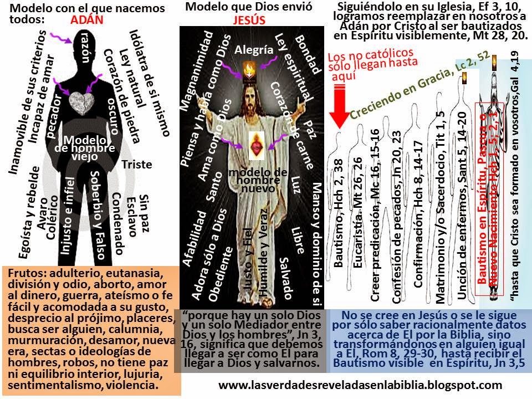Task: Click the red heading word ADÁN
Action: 89,21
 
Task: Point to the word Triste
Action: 137,165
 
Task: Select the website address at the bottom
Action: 360,384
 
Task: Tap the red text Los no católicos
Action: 363,57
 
